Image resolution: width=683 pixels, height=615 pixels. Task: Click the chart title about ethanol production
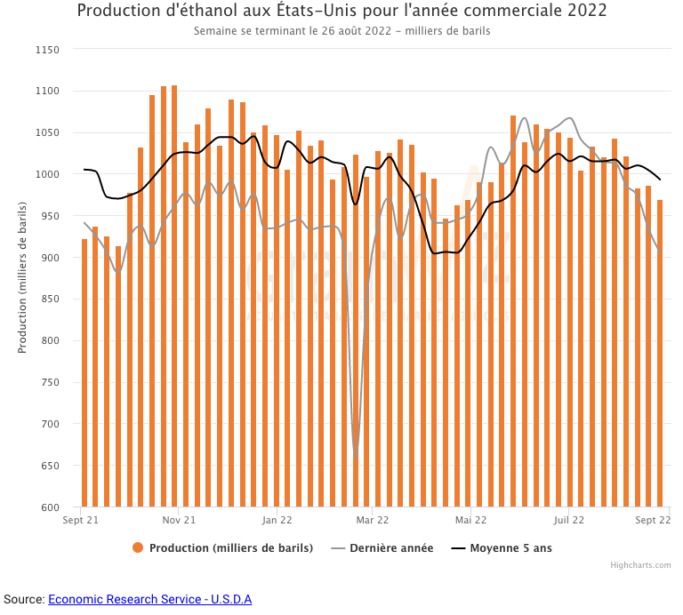tap(342, 11)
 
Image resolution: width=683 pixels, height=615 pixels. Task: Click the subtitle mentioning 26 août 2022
tap(342, 30)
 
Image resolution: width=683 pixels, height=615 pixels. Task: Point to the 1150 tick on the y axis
tap(46, 50)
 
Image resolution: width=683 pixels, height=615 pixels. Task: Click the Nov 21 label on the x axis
tap(179, 521)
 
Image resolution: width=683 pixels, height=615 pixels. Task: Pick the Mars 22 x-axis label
tap(372, 521)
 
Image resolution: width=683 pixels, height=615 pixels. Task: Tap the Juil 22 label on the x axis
tap(568, 521)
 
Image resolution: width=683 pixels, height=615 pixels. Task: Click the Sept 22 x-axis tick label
tap(653, 521)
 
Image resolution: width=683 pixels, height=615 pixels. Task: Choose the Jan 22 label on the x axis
tap(277, 521)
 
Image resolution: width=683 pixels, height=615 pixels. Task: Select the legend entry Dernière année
tap(391, 548)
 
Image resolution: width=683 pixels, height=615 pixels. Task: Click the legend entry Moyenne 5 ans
tap(510, 548)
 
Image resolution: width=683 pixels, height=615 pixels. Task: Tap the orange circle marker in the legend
tap(138, 548)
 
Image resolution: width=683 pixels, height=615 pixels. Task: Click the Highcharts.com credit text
tap(640, 565)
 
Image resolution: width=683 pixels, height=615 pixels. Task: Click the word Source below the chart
tap(22, 600)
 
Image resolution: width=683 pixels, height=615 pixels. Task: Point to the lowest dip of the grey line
tap(355, 458)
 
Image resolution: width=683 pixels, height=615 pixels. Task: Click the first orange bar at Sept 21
tap(84, 373)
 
